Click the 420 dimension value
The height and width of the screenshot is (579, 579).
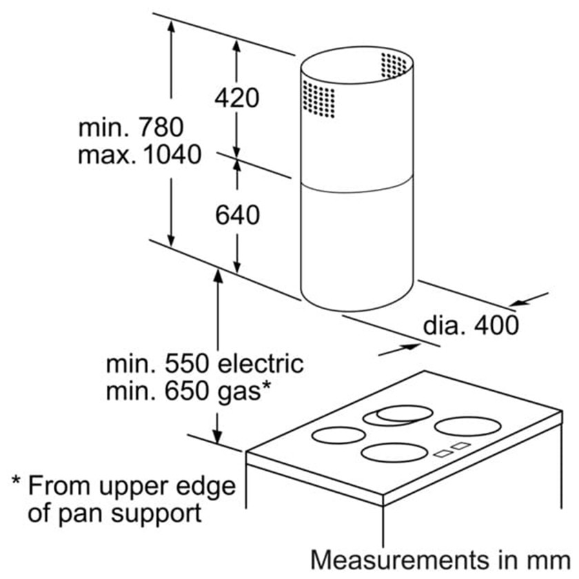(236, 98)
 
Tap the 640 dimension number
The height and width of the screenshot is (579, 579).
(237, 215)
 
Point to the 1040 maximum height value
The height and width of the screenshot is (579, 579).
(172, 154)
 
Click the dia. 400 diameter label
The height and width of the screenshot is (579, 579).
(471, 325)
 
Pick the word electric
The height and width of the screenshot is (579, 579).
(261, 363)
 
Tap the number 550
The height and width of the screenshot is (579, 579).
(187, 363)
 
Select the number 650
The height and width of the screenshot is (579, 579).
(187, 392)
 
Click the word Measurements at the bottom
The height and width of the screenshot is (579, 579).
(400, 560)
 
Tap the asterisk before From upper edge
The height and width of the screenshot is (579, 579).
(17, 481)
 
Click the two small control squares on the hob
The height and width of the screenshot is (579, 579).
(452, 449)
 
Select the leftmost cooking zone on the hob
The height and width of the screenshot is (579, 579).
(338, 435)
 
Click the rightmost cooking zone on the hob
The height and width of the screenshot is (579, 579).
(468, 427)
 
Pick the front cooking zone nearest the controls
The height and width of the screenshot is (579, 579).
(395, 453)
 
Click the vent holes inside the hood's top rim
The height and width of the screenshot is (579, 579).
(394, 65)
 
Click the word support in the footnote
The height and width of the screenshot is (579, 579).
(156, 514)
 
